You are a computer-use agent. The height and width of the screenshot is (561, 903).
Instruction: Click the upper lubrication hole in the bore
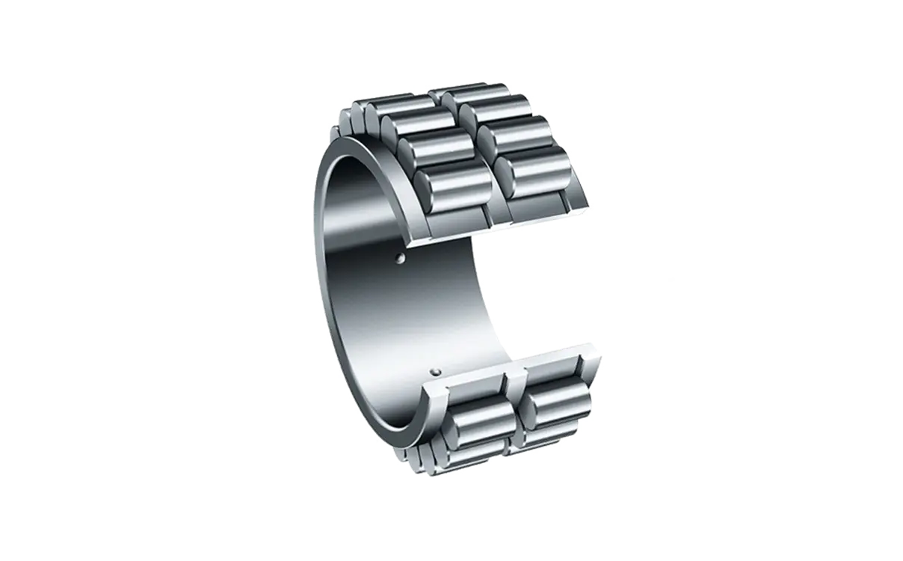point(401,259)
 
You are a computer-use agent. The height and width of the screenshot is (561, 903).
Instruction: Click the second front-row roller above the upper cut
point(434,150)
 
